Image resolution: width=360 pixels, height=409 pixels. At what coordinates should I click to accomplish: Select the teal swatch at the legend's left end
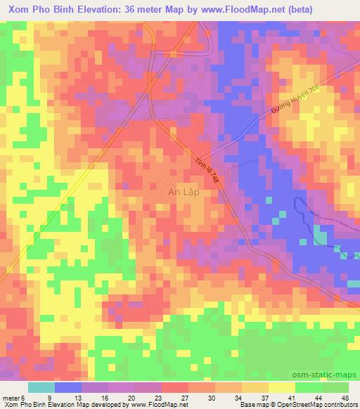pos(41,387)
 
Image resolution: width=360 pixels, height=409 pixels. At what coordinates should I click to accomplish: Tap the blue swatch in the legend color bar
pos(68,387)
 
